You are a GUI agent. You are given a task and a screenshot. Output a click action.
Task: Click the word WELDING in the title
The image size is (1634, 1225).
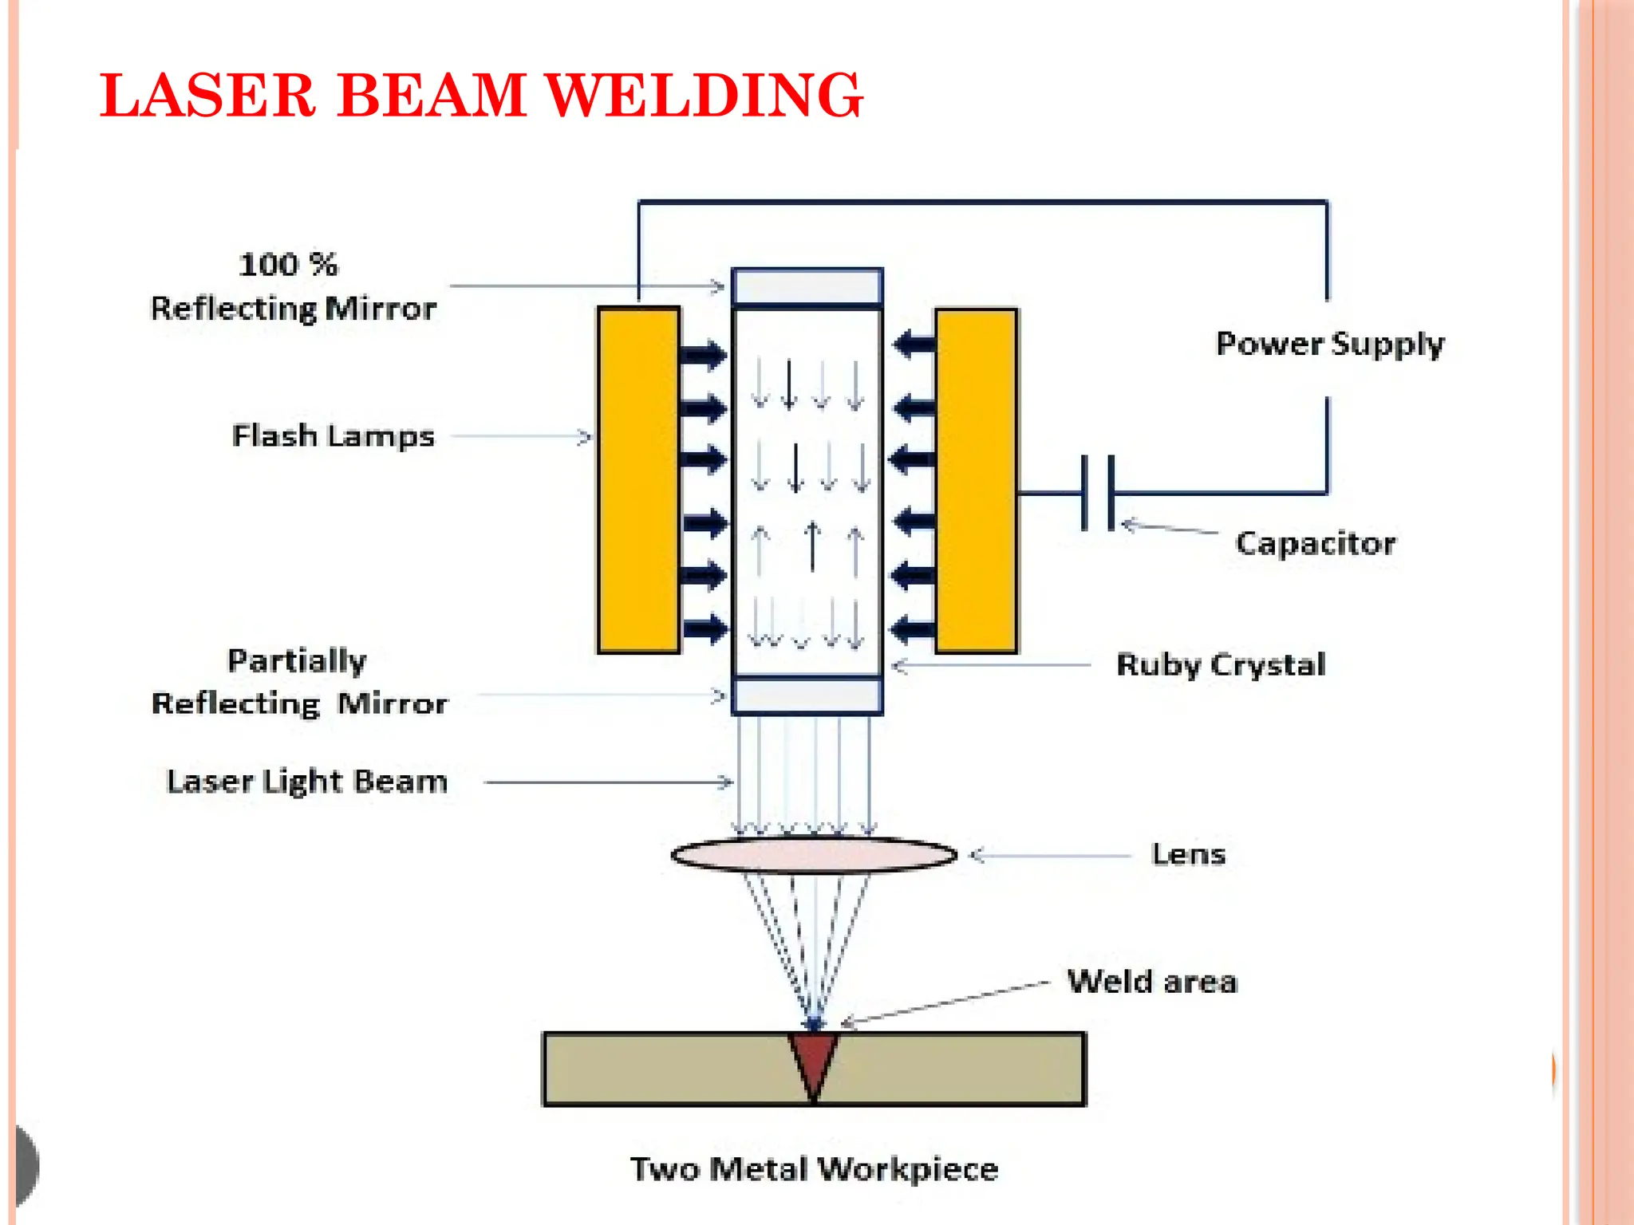[x=704, y=96]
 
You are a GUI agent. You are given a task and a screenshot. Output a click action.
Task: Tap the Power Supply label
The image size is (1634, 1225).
[x=1330, y=344]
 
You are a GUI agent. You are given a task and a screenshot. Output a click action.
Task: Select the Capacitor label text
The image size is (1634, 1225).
[x=1315, y=543]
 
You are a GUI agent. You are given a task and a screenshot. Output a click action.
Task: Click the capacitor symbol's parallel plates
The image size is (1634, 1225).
[x=1097, y=493]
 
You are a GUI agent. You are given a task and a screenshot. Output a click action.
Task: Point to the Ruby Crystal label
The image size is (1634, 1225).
[x=1221, y=664]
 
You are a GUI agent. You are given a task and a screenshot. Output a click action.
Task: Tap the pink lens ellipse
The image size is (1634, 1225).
[x=814, y=855]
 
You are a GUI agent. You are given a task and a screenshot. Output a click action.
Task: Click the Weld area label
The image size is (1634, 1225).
[x=1152, y=982]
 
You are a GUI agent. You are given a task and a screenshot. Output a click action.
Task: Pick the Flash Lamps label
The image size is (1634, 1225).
[x=333, y=436]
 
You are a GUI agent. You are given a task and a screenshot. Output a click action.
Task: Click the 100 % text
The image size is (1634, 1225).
[x=288, y=264]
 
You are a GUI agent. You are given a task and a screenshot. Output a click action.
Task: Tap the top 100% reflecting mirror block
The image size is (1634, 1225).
[x=807, y=286]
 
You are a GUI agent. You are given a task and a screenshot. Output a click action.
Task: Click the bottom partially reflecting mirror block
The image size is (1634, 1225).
[x=807, y=695]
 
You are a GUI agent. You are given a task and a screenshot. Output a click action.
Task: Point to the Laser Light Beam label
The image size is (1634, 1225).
[x=306, y=782]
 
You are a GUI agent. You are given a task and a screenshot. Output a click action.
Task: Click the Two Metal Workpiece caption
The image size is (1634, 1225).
[x=814, y=1169]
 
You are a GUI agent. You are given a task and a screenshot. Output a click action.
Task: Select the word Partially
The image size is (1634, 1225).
[x=297, y=660]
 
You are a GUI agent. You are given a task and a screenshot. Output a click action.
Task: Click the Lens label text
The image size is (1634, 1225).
[x=1188, y=854]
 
